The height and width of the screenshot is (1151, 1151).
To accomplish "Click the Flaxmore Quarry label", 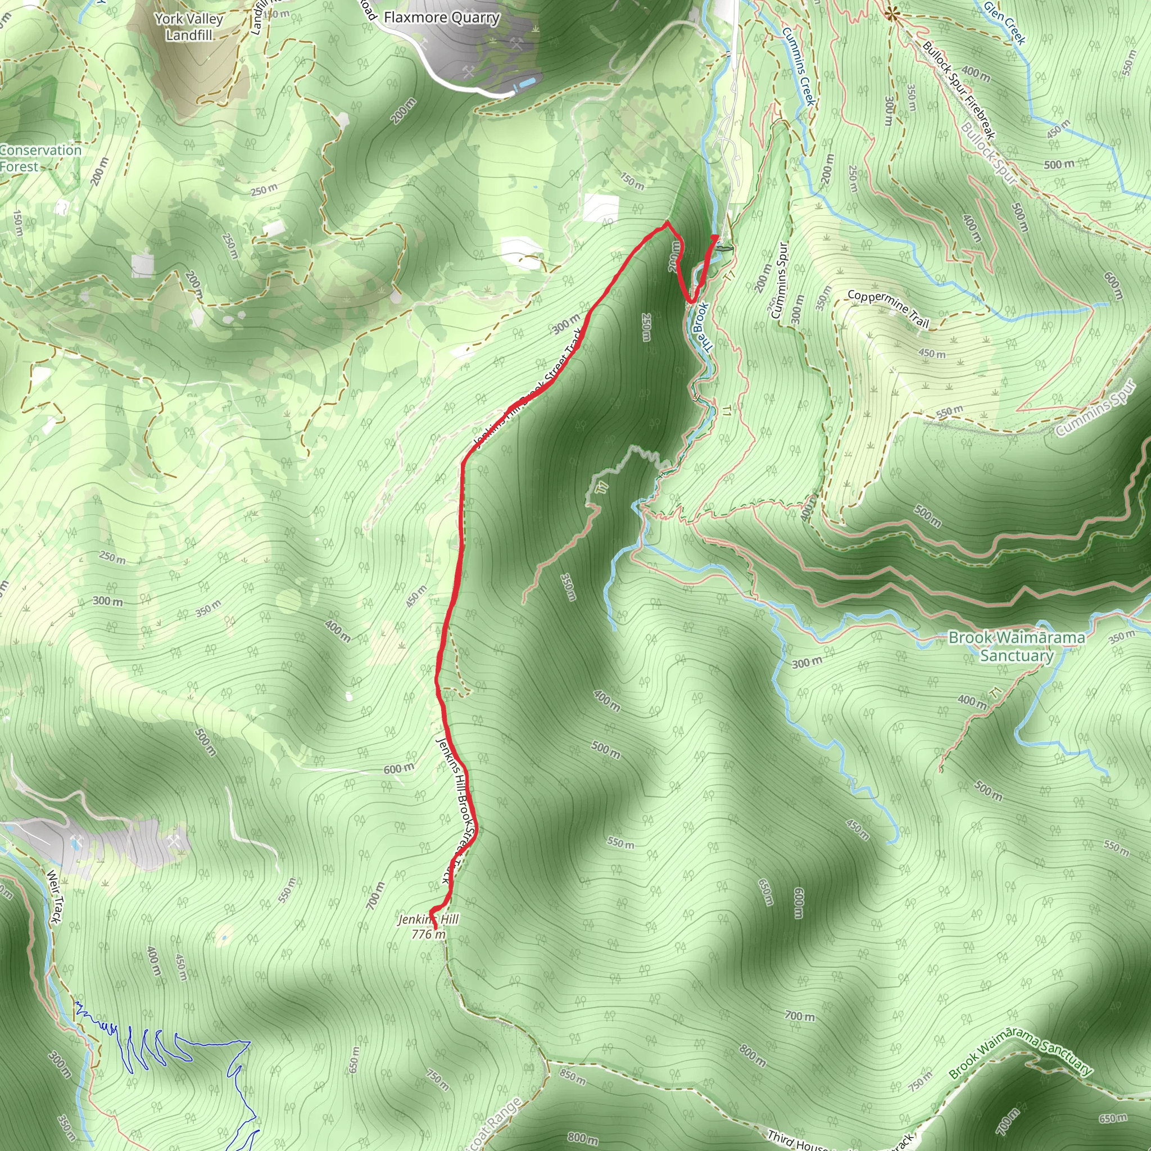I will (x=441, y=17).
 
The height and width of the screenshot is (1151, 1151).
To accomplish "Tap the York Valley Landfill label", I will (x=189, y=27).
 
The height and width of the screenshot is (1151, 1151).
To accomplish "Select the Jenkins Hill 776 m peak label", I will (x=429, y=926).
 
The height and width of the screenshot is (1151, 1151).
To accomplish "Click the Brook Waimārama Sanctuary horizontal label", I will (x=1016, y=646).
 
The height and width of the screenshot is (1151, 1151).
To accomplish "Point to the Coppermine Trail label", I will (x=887, y=309).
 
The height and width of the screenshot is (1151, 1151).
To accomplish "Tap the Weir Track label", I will (x=54, y=896).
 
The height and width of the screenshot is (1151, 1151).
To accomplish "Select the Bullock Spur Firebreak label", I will (x=959, y=90).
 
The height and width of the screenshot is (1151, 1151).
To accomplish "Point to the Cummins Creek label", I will (x=798, y=66).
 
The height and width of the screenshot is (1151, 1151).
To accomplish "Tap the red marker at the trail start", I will (x=715, y=238).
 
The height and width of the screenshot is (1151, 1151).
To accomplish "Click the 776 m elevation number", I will (x=428, y=934).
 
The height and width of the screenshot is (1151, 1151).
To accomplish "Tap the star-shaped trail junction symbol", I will (x=891, y=13).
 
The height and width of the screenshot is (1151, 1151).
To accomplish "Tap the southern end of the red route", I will (x=436, y=928).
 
